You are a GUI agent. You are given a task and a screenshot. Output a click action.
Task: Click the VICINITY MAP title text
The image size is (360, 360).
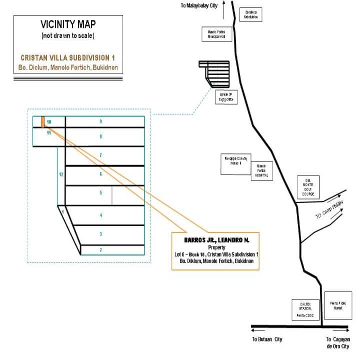68,25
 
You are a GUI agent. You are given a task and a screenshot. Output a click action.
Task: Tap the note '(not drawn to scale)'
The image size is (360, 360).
68,36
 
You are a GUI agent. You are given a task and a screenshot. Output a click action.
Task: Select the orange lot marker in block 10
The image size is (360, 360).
42,122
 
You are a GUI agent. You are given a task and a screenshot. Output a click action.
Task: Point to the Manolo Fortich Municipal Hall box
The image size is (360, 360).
219,34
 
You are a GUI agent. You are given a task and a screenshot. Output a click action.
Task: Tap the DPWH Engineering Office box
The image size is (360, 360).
224,96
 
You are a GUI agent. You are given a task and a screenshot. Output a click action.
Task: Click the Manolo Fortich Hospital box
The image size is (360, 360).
262,170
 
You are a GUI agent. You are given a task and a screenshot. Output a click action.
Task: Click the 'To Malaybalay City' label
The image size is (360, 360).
199,6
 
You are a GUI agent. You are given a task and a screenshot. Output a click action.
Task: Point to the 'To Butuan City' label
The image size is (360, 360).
267,339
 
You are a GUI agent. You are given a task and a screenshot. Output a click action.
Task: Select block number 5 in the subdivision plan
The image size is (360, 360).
101,192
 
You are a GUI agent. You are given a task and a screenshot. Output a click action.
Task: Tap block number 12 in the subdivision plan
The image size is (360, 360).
60,174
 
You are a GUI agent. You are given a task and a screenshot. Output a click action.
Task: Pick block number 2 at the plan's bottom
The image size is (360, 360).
101,249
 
